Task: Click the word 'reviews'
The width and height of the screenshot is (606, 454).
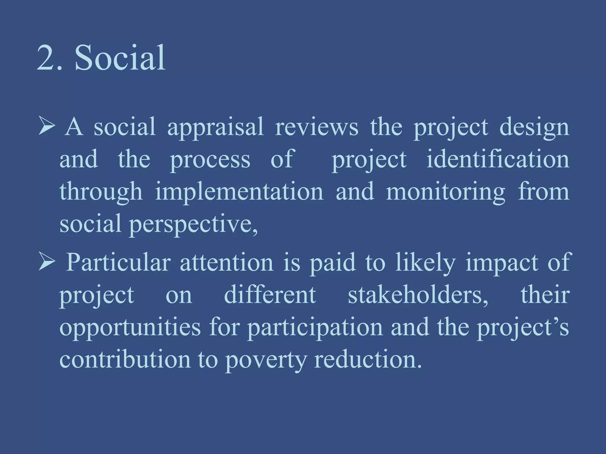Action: [x=316, y=127]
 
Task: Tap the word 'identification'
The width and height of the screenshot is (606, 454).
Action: [x=498, y=160]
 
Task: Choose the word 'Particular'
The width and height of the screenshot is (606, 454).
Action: [x=118, y=262]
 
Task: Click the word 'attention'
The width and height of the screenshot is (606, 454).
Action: [x=226, y=263]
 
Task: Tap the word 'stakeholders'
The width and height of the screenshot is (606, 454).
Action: [x=418, y=295]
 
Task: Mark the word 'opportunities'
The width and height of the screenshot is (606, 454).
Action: [x=130, y=328]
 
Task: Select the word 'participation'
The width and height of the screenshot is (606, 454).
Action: [x=315, y=328]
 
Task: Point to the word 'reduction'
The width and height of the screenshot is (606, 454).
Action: [x=367, y=360]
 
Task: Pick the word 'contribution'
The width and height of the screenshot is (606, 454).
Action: [x=125, y=360]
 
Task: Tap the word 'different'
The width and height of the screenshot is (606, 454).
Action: [x=270, y=295]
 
